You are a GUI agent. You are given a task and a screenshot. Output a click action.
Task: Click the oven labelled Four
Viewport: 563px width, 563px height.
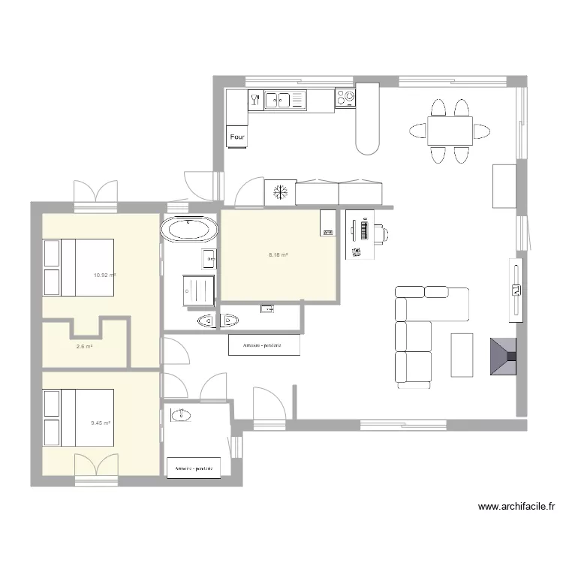coord(238,137)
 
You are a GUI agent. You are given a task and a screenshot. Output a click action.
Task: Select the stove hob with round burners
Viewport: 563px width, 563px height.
coord(346,98)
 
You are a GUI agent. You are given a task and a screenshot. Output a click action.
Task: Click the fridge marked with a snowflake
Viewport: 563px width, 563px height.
coord(280,192)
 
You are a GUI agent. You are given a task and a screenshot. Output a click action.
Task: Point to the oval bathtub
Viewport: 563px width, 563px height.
coord(189,229)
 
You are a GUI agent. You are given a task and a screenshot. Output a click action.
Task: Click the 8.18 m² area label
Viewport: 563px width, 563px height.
coord(278,255)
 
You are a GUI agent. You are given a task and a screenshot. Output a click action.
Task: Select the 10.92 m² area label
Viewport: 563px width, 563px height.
coord(104,275)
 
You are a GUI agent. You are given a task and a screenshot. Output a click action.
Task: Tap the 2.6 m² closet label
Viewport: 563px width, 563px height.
coord(84,346)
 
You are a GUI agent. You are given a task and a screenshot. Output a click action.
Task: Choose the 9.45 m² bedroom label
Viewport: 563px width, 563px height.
coord(101,423)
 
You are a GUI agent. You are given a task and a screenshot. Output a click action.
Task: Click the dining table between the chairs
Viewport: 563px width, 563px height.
coord(450,131)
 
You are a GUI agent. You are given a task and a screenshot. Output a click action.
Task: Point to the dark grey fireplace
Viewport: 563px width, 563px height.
coord(502,356)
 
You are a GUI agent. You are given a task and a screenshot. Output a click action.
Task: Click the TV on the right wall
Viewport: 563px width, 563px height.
coord(516,290)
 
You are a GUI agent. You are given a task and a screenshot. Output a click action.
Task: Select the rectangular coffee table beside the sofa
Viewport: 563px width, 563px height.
coord(462,354)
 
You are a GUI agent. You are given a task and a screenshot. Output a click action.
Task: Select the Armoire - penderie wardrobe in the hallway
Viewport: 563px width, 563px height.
coord(263,345)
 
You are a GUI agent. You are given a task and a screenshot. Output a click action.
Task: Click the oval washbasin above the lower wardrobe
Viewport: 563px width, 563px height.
coord(181,414)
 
